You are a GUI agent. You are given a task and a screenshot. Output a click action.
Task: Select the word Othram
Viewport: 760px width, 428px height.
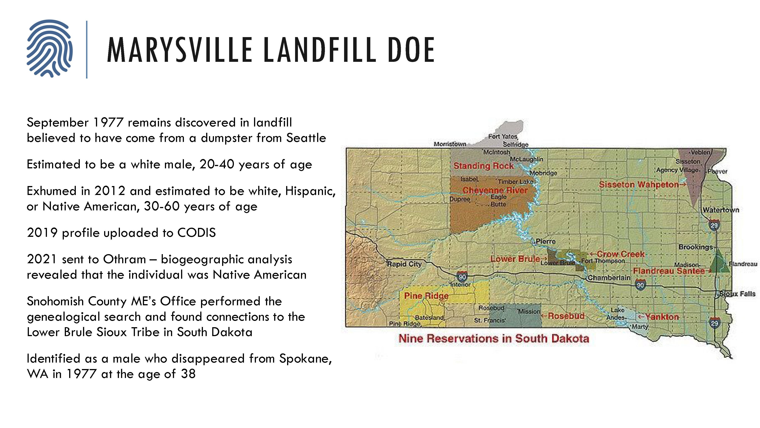coord(124,259)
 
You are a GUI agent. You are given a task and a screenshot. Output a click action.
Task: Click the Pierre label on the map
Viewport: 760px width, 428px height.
coord(545,241)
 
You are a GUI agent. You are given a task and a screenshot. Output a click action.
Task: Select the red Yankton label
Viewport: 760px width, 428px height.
coord(662,317)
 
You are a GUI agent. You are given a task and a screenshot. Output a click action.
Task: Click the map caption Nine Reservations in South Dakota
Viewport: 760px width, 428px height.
coord(494,339)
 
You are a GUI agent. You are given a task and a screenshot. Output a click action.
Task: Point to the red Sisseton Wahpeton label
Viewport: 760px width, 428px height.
coord(639,185)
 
